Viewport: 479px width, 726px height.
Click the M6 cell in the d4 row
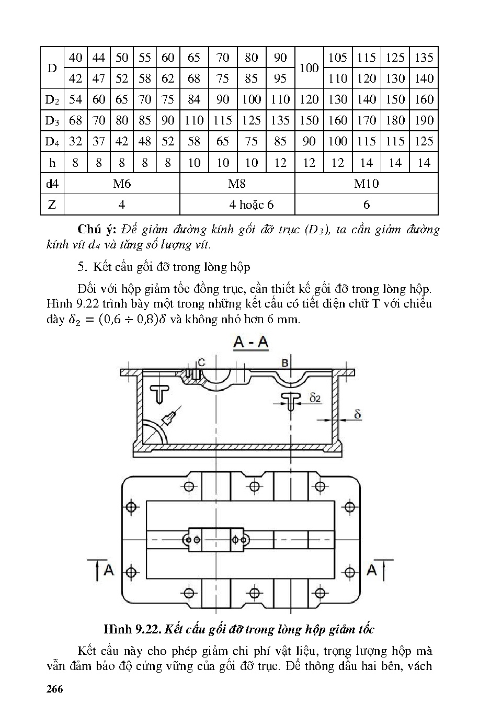(x=122, y=184)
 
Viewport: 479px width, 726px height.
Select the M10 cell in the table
(x=366, y=184)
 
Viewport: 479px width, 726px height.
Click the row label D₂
(x=52, y=99)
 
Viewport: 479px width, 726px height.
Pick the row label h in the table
(x=52, y=163)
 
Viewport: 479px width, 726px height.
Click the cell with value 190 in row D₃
(x=424, y=120)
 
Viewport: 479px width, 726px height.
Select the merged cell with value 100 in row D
(x=309, y=68)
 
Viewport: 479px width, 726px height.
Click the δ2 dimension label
(x=315, y=399)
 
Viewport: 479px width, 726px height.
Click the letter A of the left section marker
(x=109, y=570)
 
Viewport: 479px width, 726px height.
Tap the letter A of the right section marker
(x=372, y=570)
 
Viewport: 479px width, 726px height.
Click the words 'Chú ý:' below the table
(x=97, y=229)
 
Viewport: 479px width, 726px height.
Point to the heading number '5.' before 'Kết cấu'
(x=82, y=267)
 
